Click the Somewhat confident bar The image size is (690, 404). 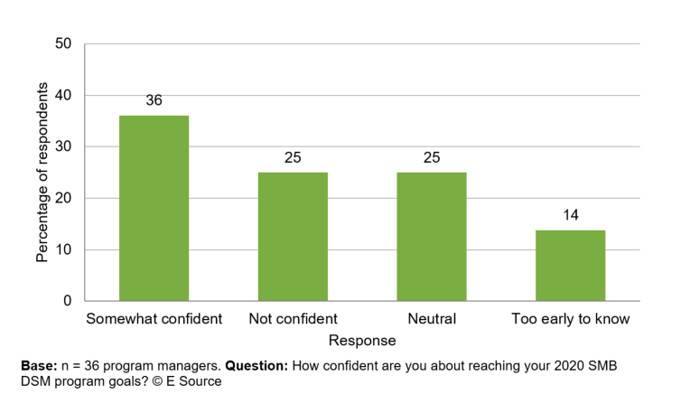[x=154, y=208]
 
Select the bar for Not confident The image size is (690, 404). [x=293, y=237]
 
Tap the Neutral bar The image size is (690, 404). [x=432, y=237]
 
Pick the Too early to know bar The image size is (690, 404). [x=570, y=266]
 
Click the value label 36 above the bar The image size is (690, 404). [x=154, y=100]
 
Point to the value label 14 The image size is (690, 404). [x=570, y=215]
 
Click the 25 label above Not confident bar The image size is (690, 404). [x=293, y=158]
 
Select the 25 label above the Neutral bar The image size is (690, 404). [x=432, y=158]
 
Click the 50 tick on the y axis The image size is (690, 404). [x=63, y=43]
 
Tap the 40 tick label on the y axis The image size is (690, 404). [x=63, y=95]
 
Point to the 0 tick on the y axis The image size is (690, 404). [x=68, y=301]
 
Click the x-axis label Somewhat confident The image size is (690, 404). [x=154, y=319]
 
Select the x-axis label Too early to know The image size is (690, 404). [x=570, y=319]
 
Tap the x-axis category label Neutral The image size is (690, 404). [x=432, y=319]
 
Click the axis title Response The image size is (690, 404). [x=362, y=341]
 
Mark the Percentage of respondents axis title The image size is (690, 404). [x=42, y=172]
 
